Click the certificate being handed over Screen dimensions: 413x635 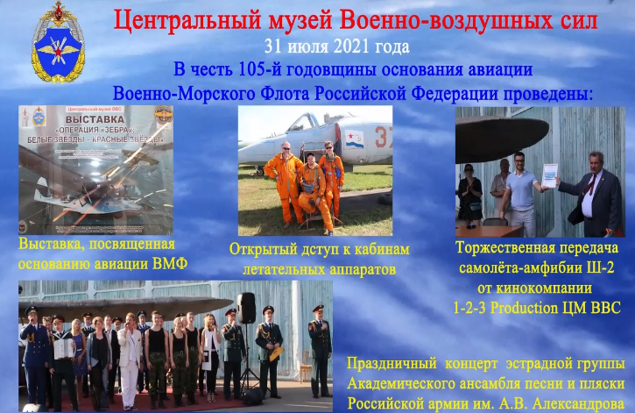pyautogui.click(x=549, y=175)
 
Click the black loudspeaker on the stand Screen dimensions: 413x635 pyautogui.click(x=247, y=307)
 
